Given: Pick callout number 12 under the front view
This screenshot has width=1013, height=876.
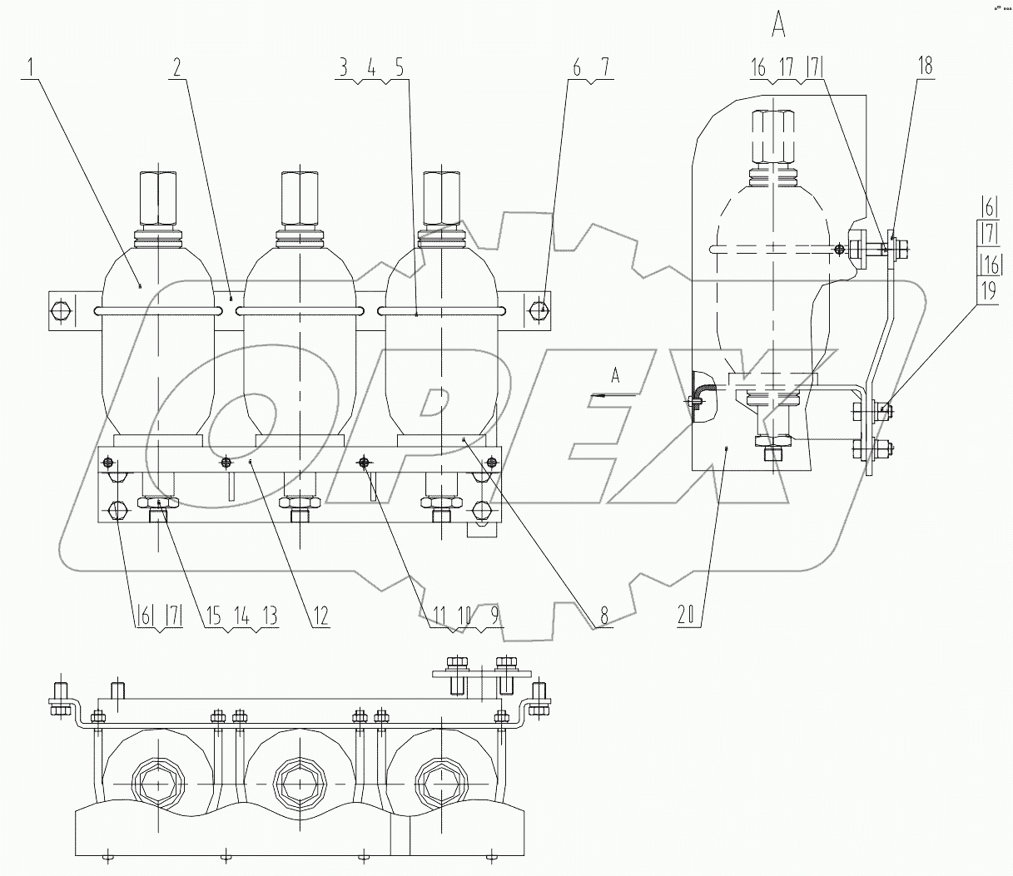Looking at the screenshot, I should click(320, 616).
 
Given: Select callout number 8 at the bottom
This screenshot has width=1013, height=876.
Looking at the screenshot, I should click(603, 616).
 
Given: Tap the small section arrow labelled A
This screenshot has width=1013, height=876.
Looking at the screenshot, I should click(615, 377).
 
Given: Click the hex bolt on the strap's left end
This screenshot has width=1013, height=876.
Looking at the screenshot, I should click(60, 311).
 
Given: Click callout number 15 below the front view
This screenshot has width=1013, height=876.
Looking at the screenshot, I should click(214, 616).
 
